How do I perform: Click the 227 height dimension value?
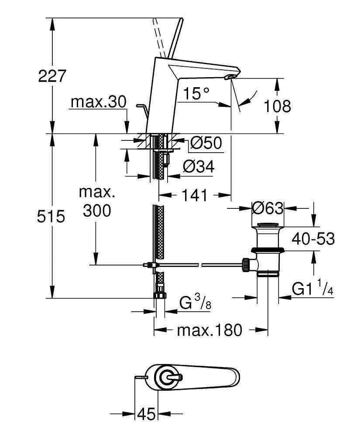pos(52,76)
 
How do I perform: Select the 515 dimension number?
pos(52,216)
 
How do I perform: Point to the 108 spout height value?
pos(278,106)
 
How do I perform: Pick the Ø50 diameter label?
pos(206,143)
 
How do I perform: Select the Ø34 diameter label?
pos(199,166)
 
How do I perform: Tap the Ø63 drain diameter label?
pos(268,208)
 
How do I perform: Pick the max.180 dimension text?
pos(209,330)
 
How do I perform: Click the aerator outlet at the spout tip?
pos(230,78)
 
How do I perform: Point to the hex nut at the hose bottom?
pos(160,295)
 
